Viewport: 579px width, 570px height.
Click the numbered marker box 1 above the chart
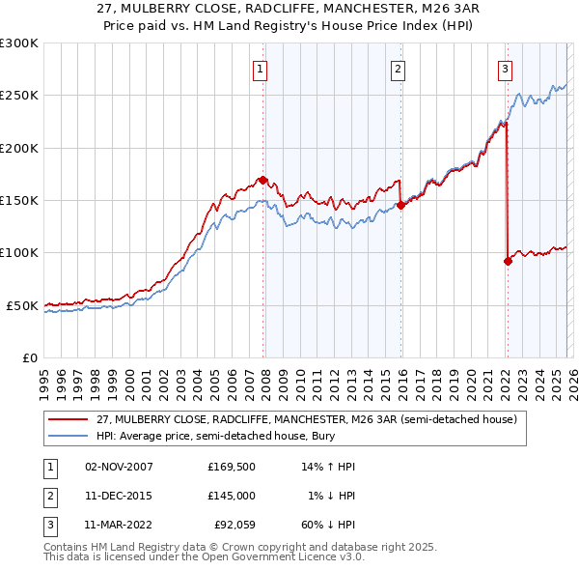[x=262, y=69]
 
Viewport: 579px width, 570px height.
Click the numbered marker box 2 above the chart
[x=398, y=69]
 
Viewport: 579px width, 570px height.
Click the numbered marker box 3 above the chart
[x=505, y=69]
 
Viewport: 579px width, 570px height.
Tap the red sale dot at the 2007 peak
[x=262, y=180]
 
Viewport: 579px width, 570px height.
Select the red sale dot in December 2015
[x=400, y=205]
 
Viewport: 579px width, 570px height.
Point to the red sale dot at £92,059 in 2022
[x=508, y=261]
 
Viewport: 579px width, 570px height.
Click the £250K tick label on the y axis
[x=19, y=96]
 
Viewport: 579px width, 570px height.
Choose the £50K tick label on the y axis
[x=22, y=305]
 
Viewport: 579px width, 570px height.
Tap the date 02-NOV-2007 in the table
[x=119, y=467]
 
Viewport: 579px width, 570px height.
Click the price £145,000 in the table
[x=231, y=496]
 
